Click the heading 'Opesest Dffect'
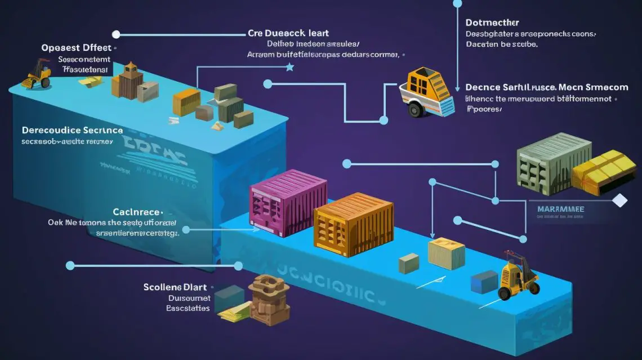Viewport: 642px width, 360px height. click(76, 48)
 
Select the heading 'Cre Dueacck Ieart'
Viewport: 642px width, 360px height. click(288, 33)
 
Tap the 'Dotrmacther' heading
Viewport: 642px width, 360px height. click(492, 23)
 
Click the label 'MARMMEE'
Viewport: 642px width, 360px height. click(560, 209)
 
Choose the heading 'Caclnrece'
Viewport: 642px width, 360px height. click(137, 212)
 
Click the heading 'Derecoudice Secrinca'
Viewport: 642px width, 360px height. click(72, 130)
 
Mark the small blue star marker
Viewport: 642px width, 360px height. click(290, 68)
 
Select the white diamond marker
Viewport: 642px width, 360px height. click(619, 201)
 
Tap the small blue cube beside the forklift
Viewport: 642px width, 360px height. click(484, 282)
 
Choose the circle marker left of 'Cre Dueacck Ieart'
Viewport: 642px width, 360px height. click(116, 34)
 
